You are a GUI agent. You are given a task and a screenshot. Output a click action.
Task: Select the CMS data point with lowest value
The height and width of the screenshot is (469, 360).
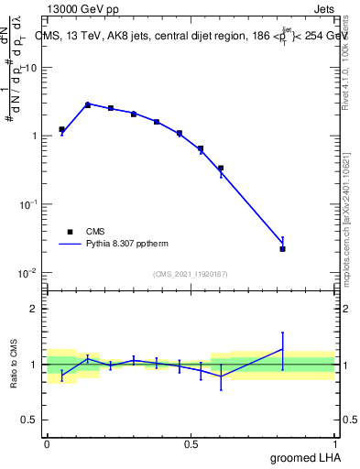coord(282,248)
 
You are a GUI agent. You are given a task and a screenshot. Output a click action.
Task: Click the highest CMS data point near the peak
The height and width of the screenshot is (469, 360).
coord(88,104)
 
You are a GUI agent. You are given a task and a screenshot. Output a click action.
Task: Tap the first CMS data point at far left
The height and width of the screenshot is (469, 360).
coord(61,130)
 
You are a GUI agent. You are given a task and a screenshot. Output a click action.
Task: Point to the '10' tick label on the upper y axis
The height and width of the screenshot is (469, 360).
coord(31,69)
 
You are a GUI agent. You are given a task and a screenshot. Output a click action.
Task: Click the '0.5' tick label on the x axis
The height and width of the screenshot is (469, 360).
coord(191,443)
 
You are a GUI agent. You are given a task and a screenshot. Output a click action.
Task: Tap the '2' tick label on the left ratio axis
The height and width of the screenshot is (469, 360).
coord(34,309)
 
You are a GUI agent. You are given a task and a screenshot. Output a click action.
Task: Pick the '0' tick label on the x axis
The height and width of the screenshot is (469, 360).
coord(47,443)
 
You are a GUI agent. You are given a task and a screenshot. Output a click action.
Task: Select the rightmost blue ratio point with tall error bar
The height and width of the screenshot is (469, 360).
coord(282,349)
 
